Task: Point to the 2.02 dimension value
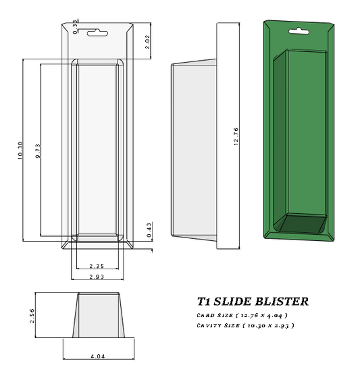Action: [148, 43]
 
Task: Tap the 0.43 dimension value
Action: [149, 229]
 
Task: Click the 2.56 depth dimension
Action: [32, 315]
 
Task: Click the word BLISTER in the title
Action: [282, 302]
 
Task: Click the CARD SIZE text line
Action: [242, 315]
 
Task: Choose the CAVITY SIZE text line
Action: [245, 325]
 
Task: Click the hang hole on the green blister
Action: [299, 30]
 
